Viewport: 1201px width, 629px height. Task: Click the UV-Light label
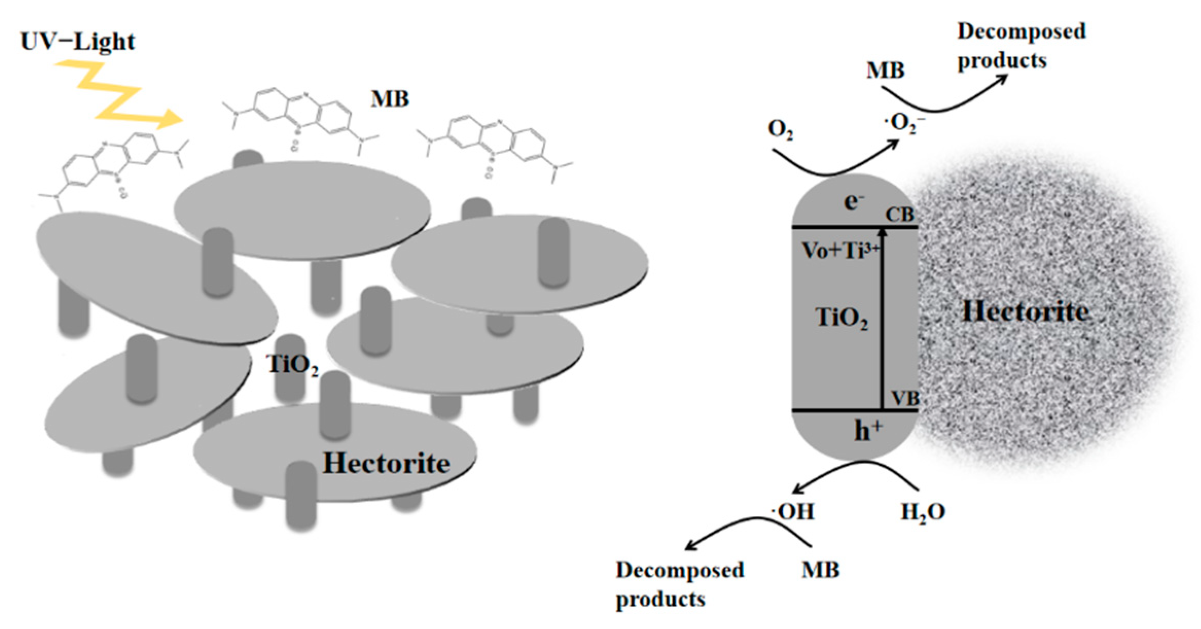click(x=78, y=41)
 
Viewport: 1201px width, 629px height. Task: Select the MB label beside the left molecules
click(x=390, y=99)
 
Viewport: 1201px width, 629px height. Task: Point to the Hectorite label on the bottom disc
click(x=386, y=463)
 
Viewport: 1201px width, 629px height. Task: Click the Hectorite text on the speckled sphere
click(x=1025, y=312)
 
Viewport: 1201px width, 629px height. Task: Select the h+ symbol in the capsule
click(x=868, y=430)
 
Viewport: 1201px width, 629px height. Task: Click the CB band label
click(x=899, y=215)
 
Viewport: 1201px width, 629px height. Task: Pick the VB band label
click(x=905, y=398)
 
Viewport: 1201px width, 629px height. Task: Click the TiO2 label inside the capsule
click(x=841, y=317)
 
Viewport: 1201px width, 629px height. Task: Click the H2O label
click(x=923, y=512)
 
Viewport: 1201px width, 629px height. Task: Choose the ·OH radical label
click(x=793, y=512)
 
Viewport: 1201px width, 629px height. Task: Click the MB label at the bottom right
click(x=820, y=570)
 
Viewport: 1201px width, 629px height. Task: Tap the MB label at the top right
click(x=885, y=71)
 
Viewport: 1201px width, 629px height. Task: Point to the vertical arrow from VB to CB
click(x=882, y=319)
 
